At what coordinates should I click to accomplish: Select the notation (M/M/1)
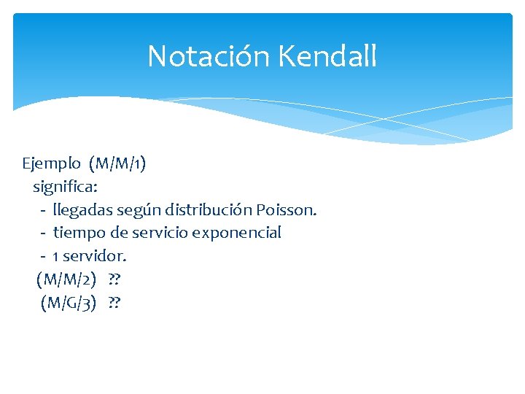117,163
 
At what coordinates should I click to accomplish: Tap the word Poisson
287,210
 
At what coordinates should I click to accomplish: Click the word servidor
96,257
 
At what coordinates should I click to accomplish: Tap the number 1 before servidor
56,257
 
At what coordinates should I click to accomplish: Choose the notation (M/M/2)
66,279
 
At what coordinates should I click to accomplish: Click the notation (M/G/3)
69,303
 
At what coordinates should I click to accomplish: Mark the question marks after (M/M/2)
114,279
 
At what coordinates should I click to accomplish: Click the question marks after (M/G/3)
114,303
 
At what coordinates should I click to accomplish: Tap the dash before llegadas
44,211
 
